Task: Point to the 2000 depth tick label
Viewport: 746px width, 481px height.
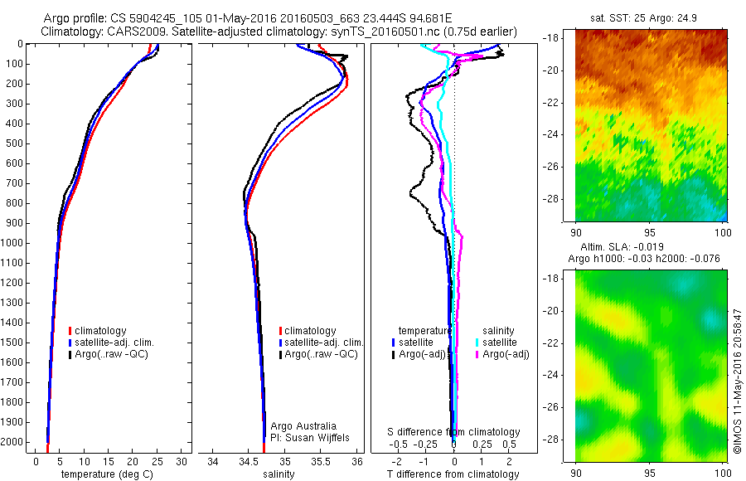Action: (x=12, y=442)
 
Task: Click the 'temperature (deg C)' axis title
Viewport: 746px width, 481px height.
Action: (x=101, y=474)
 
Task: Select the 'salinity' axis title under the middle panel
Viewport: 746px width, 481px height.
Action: (x=279, y=474)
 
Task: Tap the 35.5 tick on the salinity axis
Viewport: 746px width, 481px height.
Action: (x=321, y=461)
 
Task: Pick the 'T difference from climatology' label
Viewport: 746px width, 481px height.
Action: (x=453, y=474)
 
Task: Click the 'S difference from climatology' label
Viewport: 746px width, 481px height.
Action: (x=454, y=432)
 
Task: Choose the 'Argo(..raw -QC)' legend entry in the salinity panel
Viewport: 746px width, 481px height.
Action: (x=320, y=354)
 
